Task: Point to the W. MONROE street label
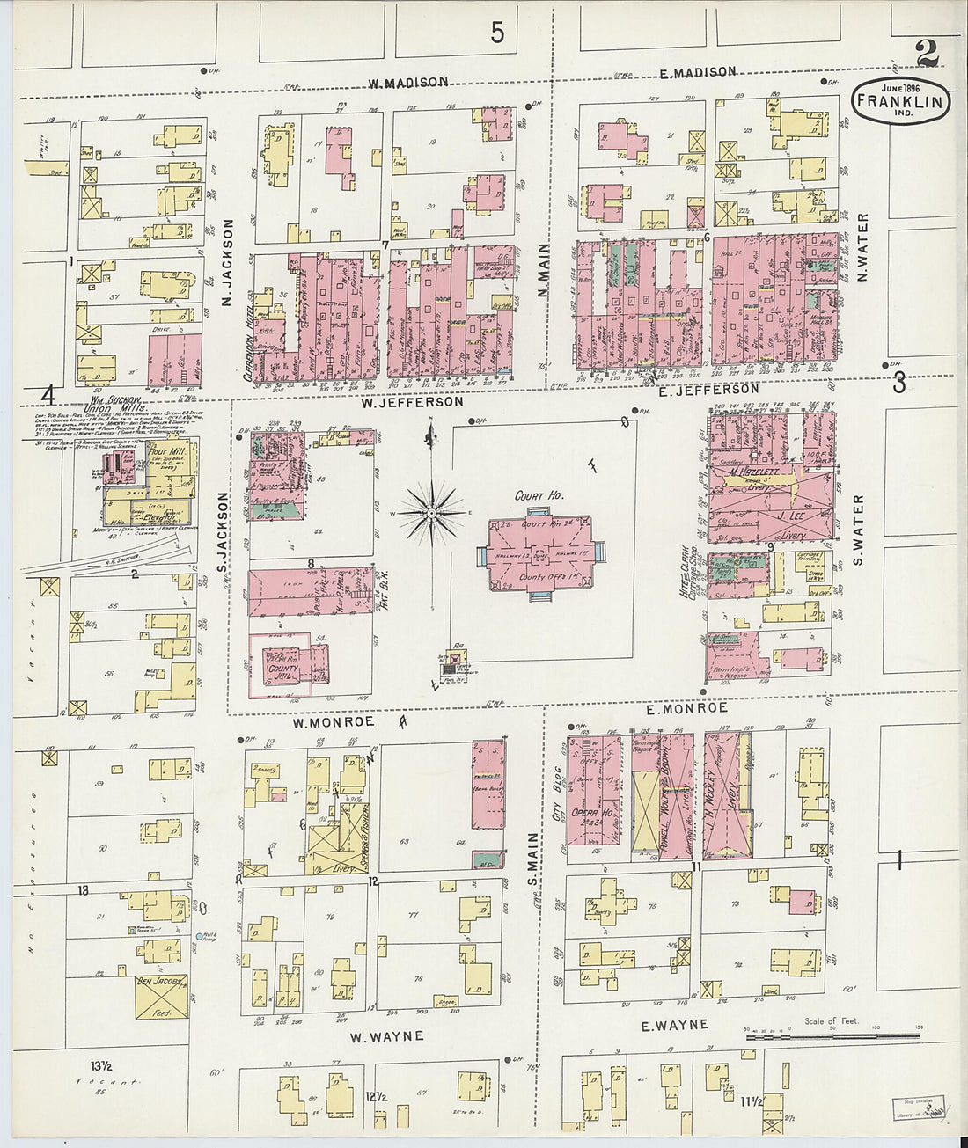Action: coord(334,721)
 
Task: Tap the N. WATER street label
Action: coord(862,247)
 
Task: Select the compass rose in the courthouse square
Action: coord(432,510)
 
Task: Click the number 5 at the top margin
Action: coord(498,33)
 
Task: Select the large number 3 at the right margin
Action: coord(899,384)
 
